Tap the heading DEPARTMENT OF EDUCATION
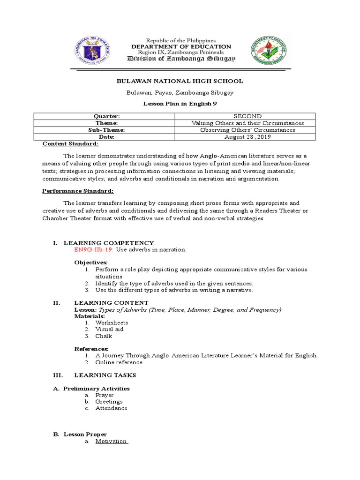click(x=181, y=47)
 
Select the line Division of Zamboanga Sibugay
click(x=182, y=59)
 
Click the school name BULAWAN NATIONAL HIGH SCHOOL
click(x=180, y=81)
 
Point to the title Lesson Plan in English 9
click(x=180, y=103)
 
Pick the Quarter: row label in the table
click(x=108, y=116)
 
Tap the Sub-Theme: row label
click(x=108, y=130)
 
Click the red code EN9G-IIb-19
click(x=94, y=250)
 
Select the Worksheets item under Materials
click(x=112, y=322)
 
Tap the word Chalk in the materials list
click(x=104, y=336)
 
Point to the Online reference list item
click(x=119, y=362)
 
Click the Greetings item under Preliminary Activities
click(x=109, y=402)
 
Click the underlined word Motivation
click(x=112, y=441)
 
